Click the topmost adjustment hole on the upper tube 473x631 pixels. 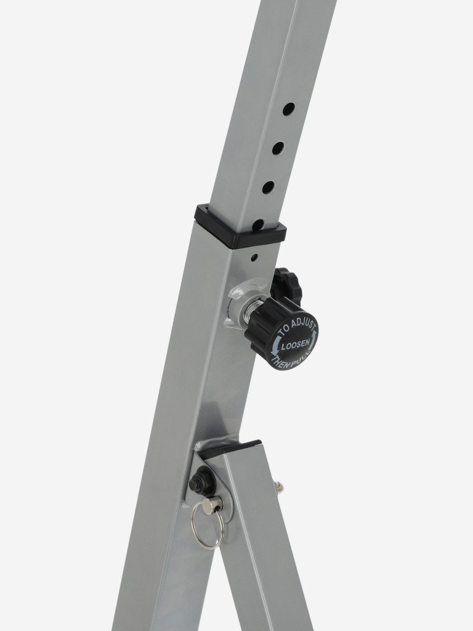[288, 109]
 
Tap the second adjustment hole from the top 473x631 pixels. [278, 148]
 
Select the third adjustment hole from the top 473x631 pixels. [269, 187]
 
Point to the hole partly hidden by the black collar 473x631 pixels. [259, 225]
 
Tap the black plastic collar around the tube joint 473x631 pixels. [241, 227]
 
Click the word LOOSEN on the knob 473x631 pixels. [295, 345]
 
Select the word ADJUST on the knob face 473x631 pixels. [303, 325]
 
